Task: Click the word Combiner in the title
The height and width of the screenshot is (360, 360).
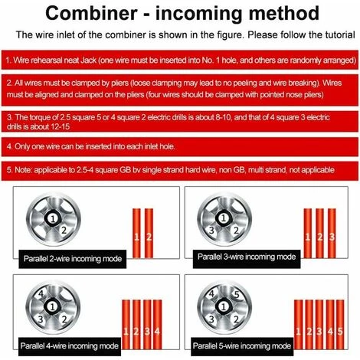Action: [x=91, y=13]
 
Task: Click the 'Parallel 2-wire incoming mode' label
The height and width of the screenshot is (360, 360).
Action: [x=73, y=259]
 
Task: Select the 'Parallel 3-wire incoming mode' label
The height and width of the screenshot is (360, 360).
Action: [x=247, y=257]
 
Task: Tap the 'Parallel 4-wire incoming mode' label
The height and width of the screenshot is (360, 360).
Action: [x=70, y=346]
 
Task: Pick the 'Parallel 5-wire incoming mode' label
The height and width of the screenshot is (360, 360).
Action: [x=242, y=346]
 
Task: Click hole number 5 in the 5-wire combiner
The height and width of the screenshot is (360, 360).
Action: [x=237, y=294]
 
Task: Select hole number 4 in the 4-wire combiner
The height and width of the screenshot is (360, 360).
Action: [x=41, y=294]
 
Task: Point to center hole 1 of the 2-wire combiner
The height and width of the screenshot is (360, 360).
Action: [x=53, y=218]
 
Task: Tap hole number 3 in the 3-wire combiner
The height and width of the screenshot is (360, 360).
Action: [x=211, y=231]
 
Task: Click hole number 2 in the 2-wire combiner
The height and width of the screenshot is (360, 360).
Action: [x=64, y=231]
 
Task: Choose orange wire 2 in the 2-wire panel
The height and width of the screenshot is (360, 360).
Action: [x=149, y=233]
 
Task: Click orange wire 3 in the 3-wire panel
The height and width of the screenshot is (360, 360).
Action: [x=332, y=233]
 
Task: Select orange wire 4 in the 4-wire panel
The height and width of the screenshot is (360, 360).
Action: [x=157, y=324]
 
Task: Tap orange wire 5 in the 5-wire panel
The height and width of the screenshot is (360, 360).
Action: [x=340, y=324]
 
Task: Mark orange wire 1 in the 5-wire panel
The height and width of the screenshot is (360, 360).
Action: [x=298, y=324]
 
